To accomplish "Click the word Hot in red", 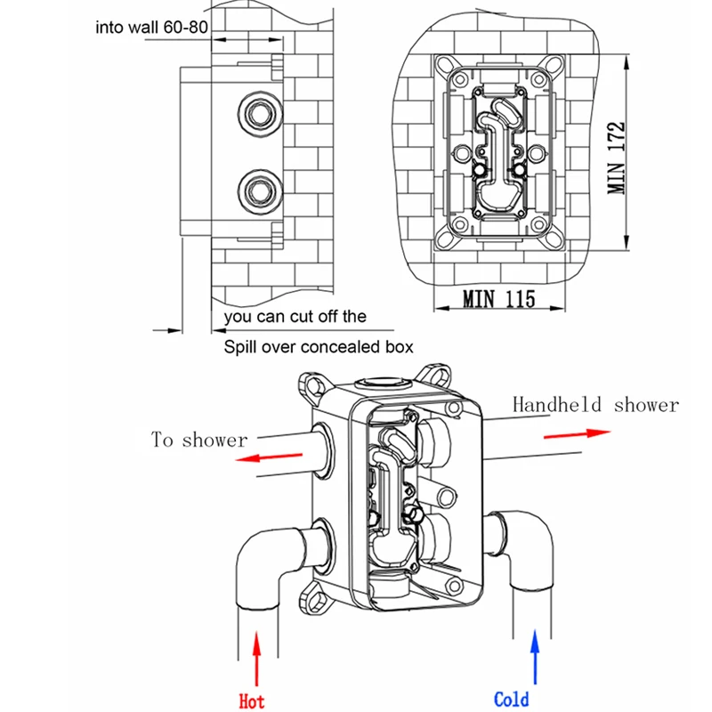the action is [x=251, y=700].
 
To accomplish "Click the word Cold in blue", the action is [x=511, y=700].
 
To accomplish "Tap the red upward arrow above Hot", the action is [x=257, y=659].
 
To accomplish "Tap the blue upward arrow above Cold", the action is [x=535, y=657].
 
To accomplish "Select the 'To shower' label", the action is [x=199, y=440].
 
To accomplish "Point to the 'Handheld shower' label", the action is [x=595, y=404].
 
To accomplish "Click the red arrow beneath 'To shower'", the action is [x=269, y=457].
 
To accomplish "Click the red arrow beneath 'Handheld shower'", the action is [x=577, y=434].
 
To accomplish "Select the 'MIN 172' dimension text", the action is [x=616, y=158].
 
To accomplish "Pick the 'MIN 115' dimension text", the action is [x=498, y=299].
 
